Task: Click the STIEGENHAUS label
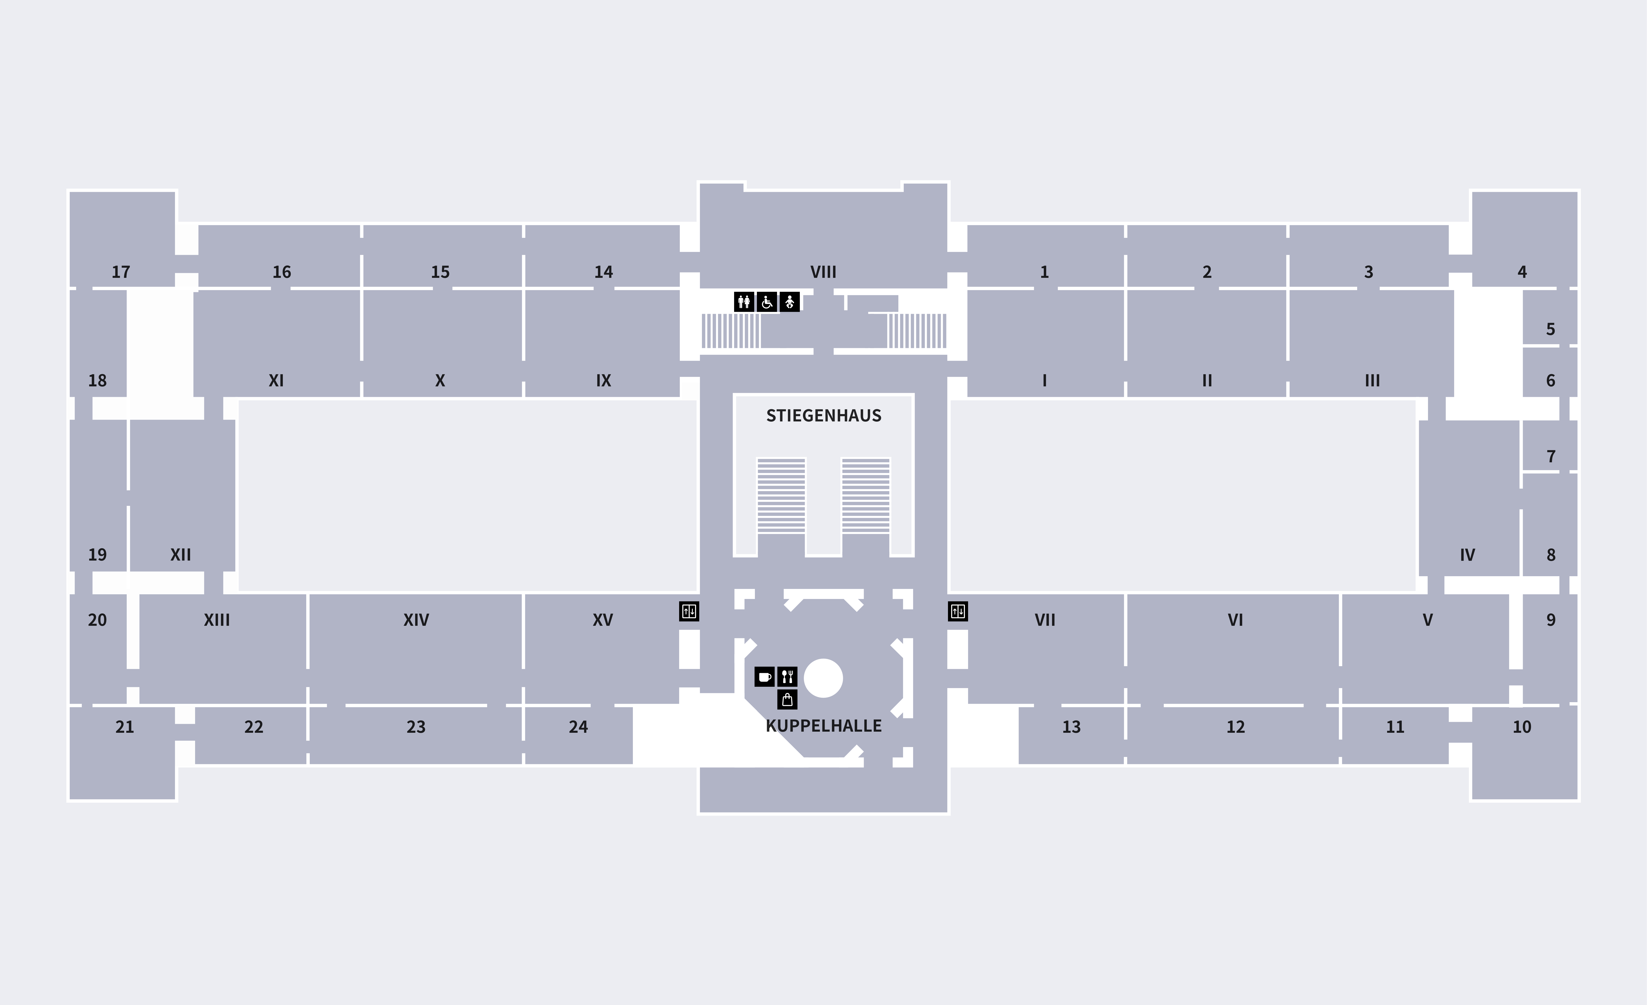click(823, 416)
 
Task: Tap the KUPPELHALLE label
click(823, 726)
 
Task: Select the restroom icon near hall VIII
click(744, 302)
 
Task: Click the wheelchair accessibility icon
click(767, 302)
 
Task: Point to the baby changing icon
click(789, 302)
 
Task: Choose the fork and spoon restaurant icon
click(787, 677)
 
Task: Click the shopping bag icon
click(787, 700)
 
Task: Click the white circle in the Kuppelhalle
click(823, 678)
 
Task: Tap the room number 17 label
click(121, 272)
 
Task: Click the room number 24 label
click(578, 727)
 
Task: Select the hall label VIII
click(823, 272)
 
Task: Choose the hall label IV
click(1467, 555)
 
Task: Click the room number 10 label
click(1522, 727)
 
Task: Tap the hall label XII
click(181, 555)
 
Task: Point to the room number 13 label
click(1072, 727)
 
